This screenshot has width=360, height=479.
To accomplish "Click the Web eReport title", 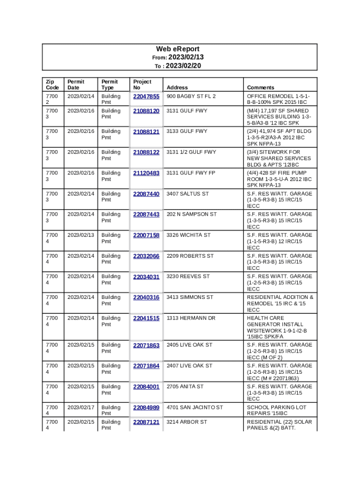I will [178, 49].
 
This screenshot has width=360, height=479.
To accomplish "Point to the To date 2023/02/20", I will [183, 66].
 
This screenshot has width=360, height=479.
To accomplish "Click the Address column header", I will [177, 87].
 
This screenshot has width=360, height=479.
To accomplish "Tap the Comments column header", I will [260, 87].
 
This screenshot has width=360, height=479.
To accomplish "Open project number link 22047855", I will [146, 97].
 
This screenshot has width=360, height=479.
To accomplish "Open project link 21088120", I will [146, 111].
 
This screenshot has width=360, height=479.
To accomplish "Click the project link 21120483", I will [146, 173].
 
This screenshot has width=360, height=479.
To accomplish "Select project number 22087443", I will [146, 214].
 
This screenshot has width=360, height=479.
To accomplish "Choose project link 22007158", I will [146, 235].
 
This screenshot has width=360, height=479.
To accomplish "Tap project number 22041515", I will [146, 318].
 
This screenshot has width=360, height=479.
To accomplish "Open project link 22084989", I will [146, 408].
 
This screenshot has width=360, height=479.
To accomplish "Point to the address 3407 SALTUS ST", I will [187, 194].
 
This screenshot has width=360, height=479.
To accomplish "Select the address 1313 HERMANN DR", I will [191, 318].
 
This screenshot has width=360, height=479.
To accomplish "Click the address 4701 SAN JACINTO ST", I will [195, 408].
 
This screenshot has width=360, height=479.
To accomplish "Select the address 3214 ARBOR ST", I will [187, 422].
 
